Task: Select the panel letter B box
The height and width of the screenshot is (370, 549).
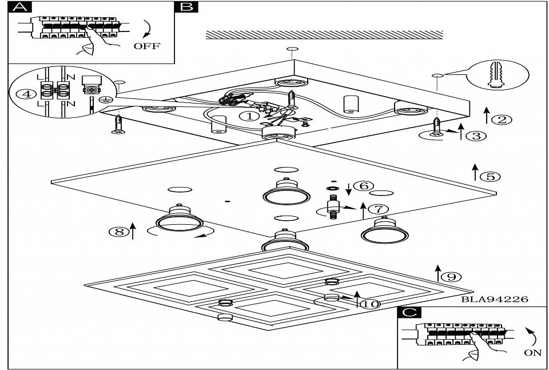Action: click(x=186, y=7)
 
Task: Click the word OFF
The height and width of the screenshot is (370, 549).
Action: click(x=147, y=46)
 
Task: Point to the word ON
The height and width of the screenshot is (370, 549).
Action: click(x=532, y=353)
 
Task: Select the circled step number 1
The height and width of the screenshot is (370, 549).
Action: click(x=248, y=116)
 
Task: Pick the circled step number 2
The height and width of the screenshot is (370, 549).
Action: click(x=502, y=120)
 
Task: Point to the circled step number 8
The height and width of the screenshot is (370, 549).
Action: click(x=119, y=232)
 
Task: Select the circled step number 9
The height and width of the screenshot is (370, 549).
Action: click(x=451, y=277)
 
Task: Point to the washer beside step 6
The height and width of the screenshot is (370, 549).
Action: click(x=331, y=188)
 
